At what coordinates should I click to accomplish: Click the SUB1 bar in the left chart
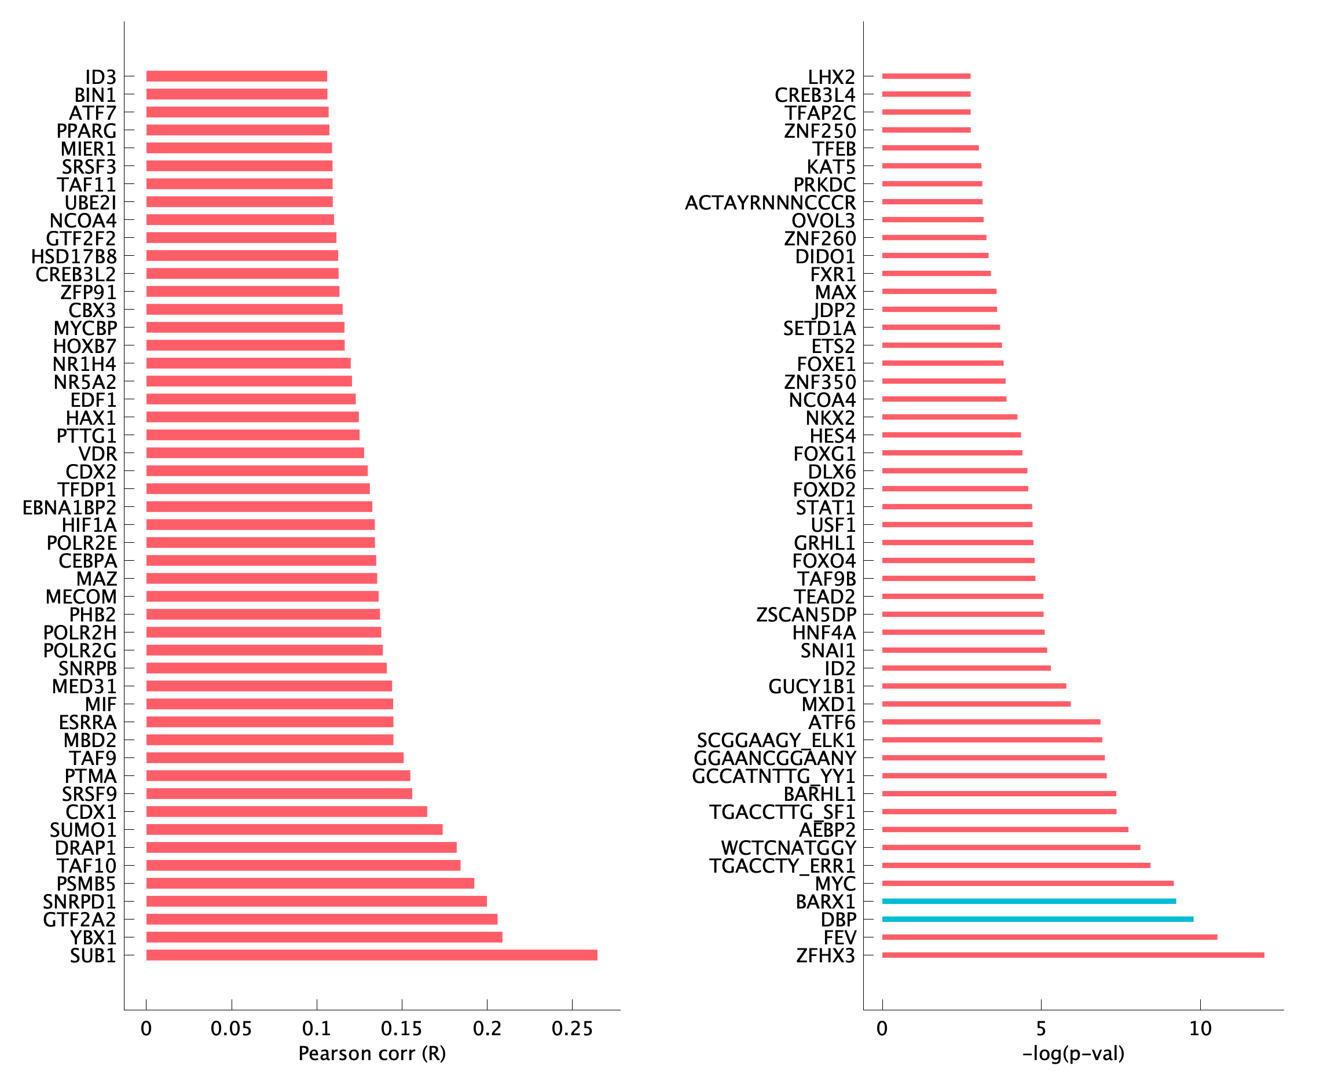pyautogui.click(x=372, y=955)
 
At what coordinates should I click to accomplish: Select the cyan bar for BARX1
pyautogui.click(x=1029, y=901)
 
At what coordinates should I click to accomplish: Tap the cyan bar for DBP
pyautogui.click(x=1038, y=920)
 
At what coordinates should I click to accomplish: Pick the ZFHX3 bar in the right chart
pyautogui.click(x=1072, y=955)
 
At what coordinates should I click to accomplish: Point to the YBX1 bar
pyautogui.click(x=324, y=937)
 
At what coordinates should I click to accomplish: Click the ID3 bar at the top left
pyautogui.click(x=236, y=76)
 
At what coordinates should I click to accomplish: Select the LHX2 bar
pyautogui.click(x=926, y=76)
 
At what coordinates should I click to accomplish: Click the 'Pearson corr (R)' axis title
pyautogui.click(x=372, y=1054)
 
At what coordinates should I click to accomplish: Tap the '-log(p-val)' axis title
pyautogui.click(x=1073, y=1054)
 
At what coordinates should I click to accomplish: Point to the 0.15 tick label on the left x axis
pyautogui.click(x=401, y=1029)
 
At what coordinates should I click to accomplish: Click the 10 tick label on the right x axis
pyautogui.click(x=1200, y=1029)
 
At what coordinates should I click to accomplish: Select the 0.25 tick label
pyautogui.click(x=571, y=1029)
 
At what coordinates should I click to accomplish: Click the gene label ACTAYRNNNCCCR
pyautogui.click(x=770, y=203)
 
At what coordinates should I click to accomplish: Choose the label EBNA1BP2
pyautogui.click(x=69, y=507)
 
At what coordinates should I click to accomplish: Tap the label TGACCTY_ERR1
pyautogui.click(x=782, y=866)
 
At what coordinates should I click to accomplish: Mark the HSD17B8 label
pyautogui.click(x=74, y=256)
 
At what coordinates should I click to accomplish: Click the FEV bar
pyautogui.click(x=1049, y=937)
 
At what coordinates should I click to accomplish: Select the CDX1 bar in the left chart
pyautogui.click(x=287, y=811)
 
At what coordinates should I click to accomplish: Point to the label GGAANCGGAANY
pyautogui.click(x=774, y=758)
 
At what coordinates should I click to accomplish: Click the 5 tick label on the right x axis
pyautogui.click(x=1041, y=1029)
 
